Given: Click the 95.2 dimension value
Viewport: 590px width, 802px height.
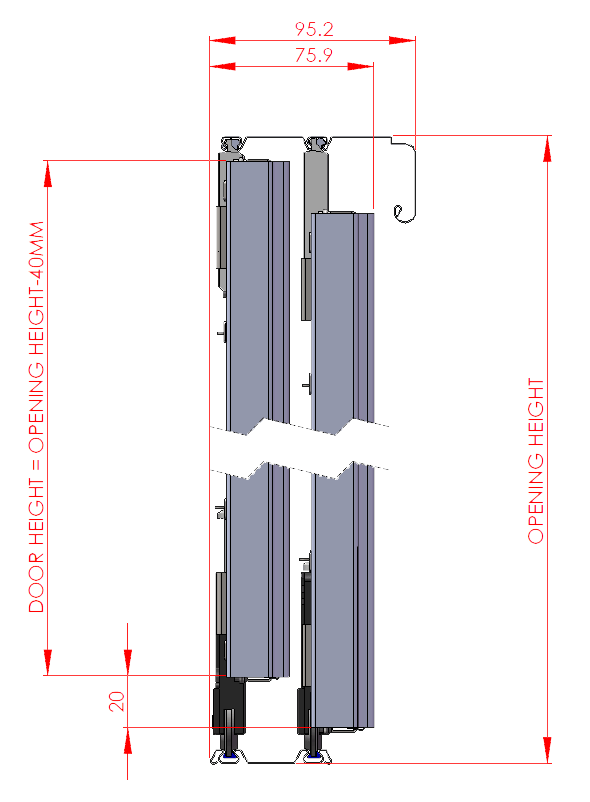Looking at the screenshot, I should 312,29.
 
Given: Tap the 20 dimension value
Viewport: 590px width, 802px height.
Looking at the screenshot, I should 117,701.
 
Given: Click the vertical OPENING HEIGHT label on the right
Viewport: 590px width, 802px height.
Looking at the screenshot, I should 537,460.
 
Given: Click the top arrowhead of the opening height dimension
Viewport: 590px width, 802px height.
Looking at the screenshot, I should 547,148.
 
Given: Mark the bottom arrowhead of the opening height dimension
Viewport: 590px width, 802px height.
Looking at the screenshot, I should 547,750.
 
